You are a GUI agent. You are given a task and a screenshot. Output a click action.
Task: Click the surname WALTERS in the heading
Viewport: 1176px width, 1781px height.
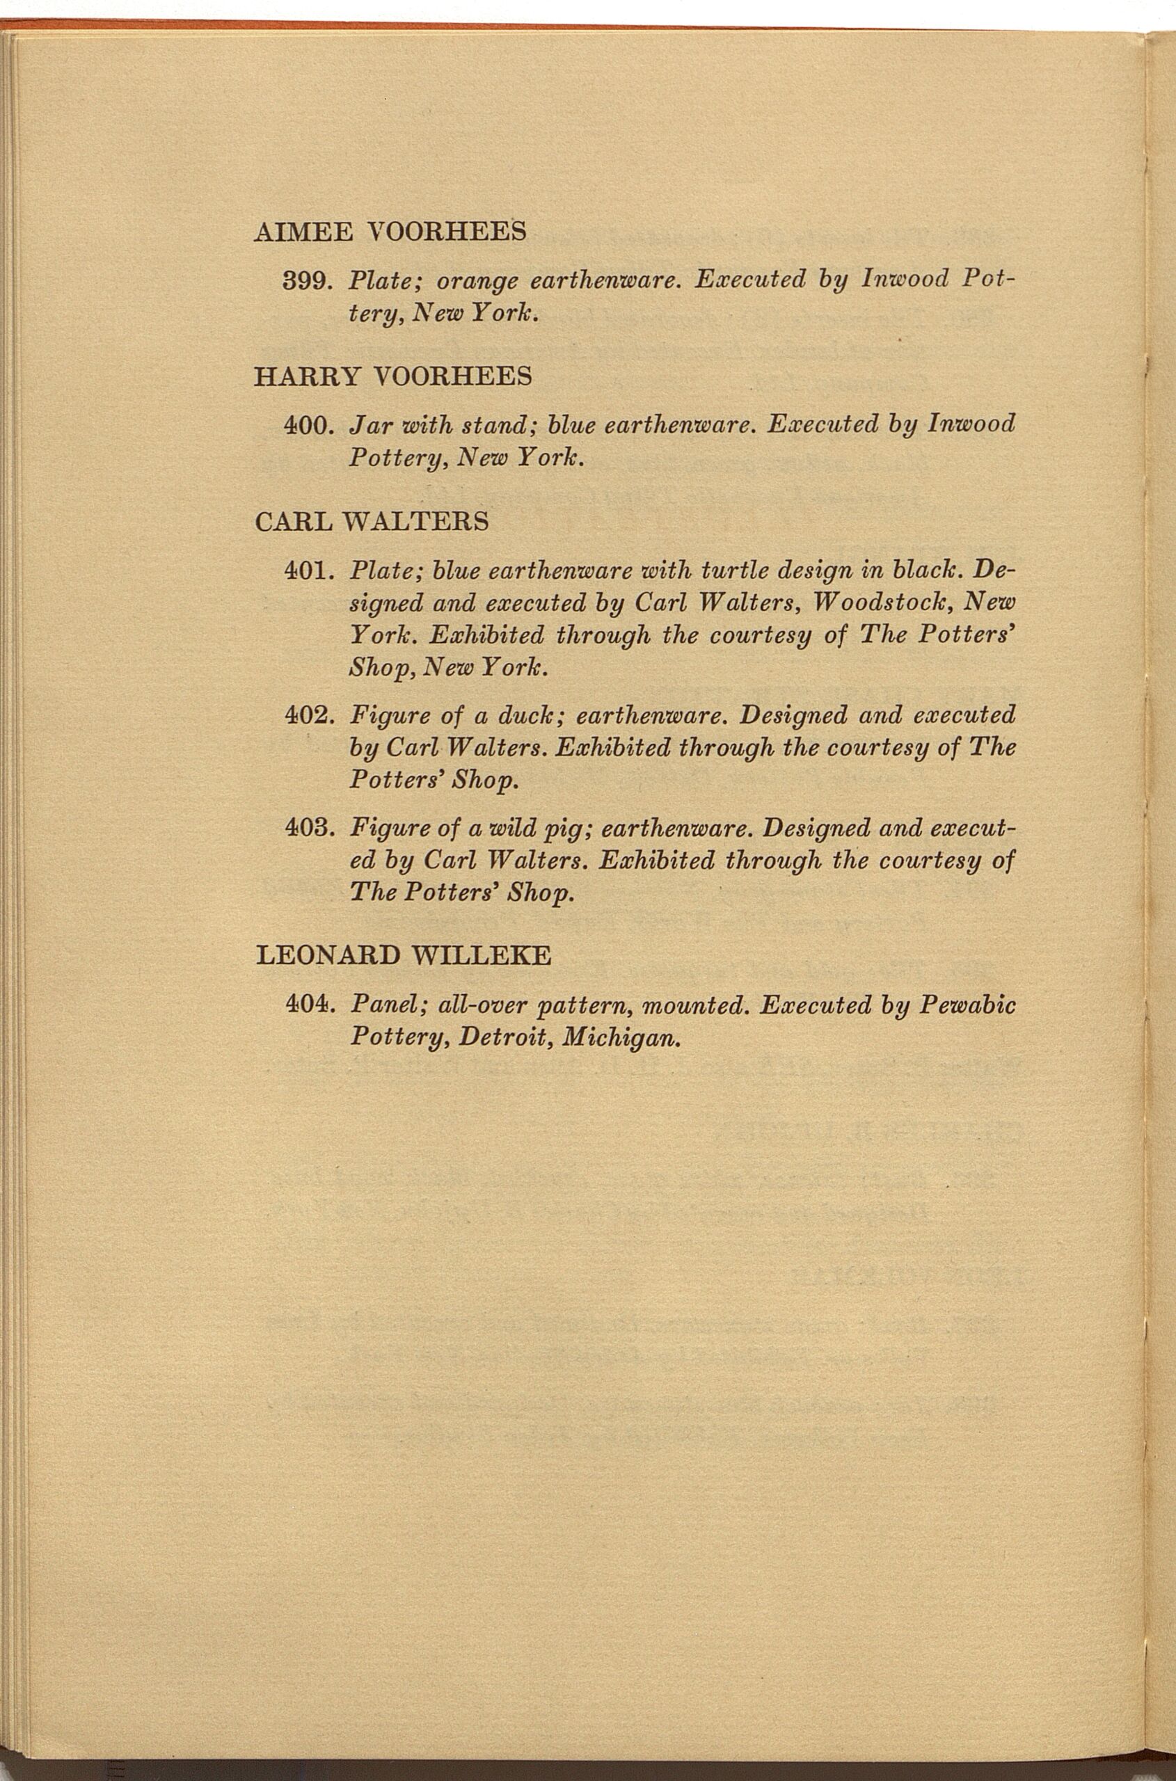pyautogui.click(x=415, y=521)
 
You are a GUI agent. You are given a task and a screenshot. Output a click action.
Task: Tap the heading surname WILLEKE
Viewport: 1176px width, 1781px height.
pyautogui.click(x=480, y=955)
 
